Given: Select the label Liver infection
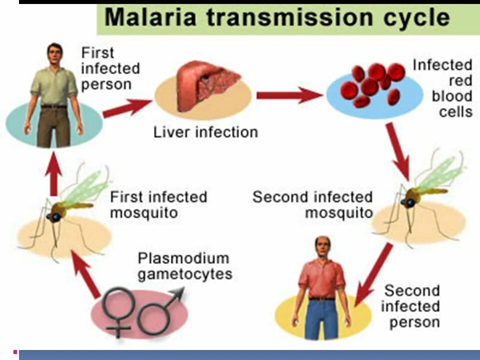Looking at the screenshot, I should point(205,132).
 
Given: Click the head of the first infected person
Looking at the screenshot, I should point(53,53).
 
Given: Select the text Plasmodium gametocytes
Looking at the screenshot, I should point(184,266).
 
